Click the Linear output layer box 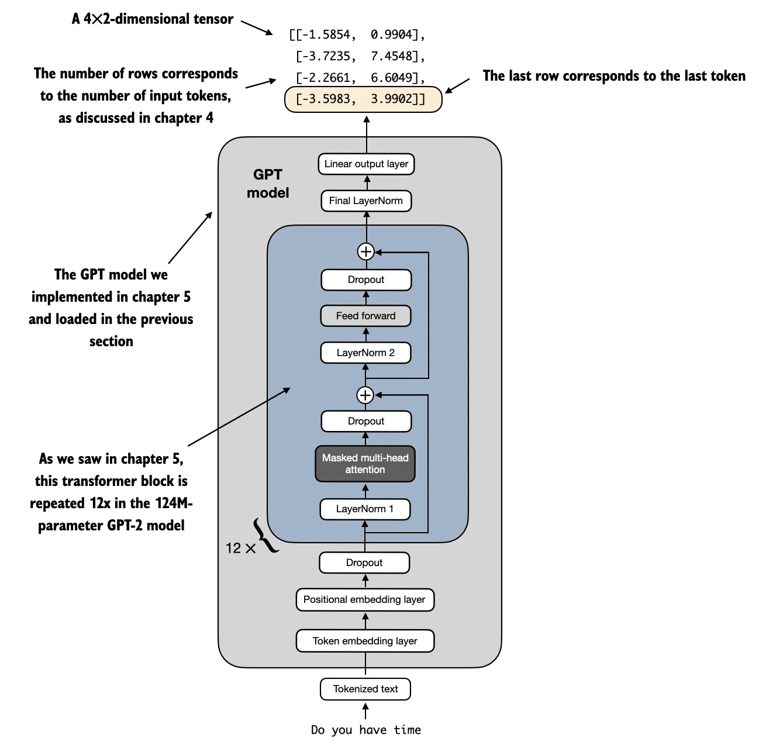(x=366, y=164)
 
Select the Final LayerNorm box (x=366, y=201)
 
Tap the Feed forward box (x=366, y=316)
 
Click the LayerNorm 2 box (x=366, y=353)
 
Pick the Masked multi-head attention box (x=365, y=464)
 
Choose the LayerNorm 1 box (x=365, y=509)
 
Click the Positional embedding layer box (x=364, y=599)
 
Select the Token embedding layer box (x=365, y=641)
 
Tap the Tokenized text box (x=365, y=689)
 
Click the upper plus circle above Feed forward (x=366, y=251)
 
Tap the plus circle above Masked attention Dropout (x=365, y=396)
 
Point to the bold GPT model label (x=268, y=184)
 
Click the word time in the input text (x=408, y=730)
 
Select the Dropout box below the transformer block (x=364, y=563)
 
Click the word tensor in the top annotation (x=214, y=19)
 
